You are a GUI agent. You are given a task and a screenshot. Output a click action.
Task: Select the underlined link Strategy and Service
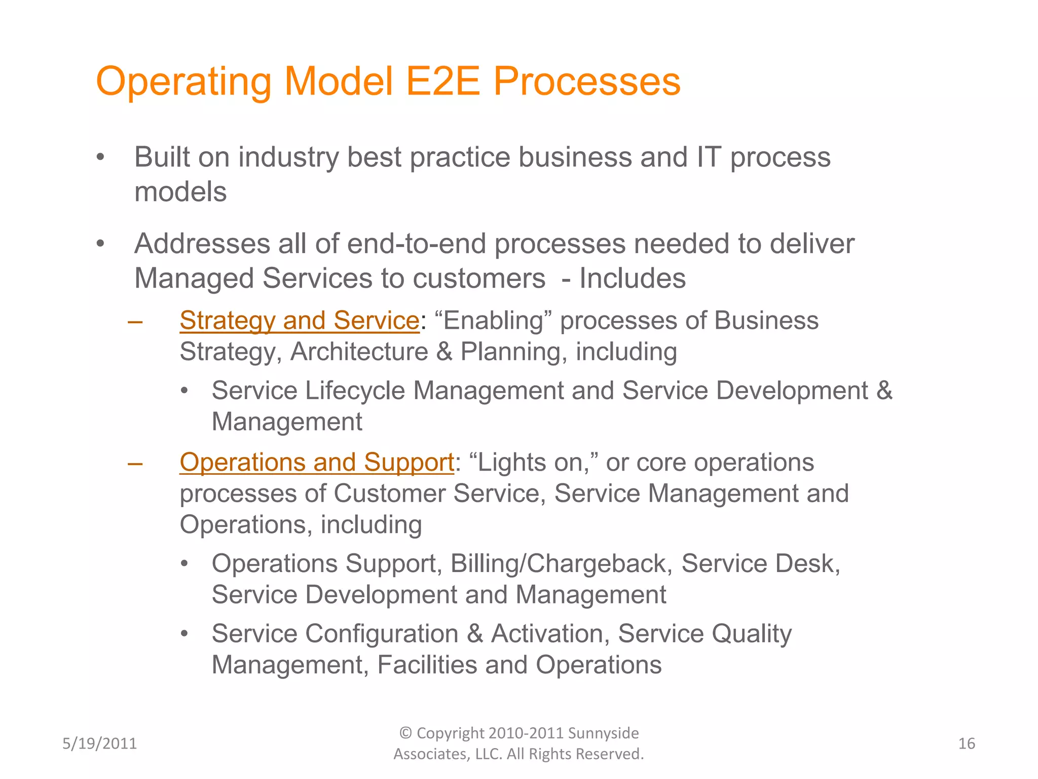(x=299, y=321)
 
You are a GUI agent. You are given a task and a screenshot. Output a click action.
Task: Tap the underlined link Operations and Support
(x=316, y=462)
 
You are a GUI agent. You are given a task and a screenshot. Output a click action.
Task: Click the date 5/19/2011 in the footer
(x=99, y=743)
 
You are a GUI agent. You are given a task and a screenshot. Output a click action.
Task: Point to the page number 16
(x=967, y=743)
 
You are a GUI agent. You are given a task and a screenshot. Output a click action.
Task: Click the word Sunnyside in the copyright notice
(x=603, y=733)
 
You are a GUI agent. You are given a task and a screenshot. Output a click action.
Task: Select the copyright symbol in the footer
(x=405, y=733)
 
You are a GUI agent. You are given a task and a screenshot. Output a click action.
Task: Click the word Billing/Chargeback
(x=561, y=563)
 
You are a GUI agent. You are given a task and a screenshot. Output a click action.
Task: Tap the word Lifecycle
(x=355, y=391)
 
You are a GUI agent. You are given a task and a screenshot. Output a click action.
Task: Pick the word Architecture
(x=359, y=352)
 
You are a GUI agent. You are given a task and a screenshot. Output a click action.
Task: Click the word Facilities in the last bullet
(x=427, y=665)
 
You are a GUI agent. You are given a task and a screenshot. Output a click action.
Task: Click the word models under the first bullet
(x=180, y=192)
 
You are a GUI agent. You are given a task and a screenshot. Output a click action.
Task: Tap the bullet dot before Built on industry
(x=100, y=158)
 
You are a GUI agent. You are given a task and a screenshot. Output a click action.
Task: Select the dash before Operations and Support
(x=135, y=463)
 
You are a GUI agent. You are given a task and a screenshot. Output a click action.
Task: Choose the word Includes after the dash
(x=632, y=278)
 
